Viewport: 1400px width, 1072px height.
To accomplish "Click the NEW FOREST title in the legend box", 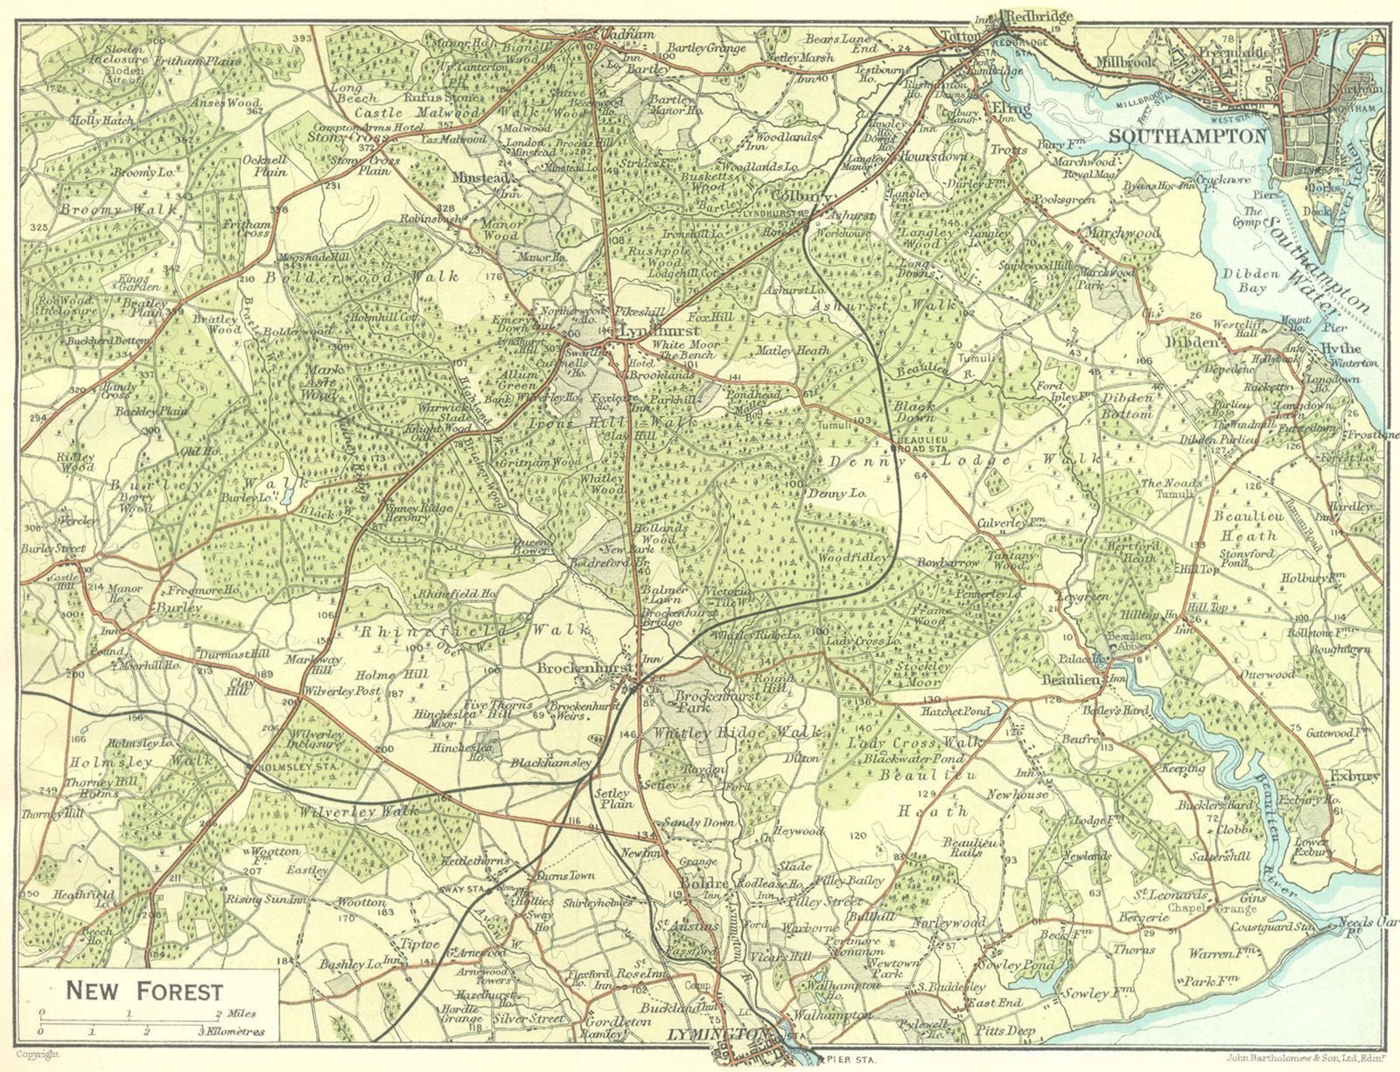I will [x=144, y=991].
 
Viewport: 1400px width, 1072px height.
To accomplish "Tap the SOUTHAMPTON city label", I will [x=1187, y=137].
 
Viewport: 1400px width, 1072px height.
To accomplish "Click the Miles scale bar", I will [x=131, y=1019].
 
